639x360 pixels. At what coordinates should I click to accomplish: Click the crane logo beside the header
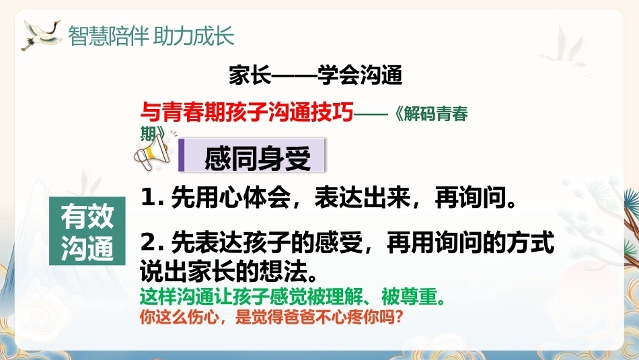[41, 34]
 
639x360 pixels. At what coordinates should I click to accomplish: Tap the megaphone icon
[153, 151]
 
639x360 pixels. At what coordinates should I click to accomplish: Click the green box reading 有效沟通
[87, 231]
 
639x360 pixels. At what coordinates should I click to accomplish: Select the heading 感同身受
[257, 158]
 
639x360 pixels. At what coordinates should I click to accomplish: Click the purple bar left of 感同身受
[182, 155]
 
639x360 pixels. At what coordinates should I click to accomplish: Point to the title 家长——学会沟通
[315, 75]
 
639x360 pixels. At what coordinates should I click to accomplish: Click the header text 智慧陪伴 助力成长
[151, 36]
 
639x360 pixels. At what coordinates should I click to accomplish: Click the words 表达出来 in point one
[363, 197]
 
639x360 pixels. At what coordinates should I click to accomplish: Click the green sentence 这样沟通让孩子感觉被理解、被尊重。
[292, 296]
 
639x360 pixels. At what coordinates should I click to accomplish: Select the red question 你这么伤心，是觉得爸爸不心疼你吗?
[272, 317]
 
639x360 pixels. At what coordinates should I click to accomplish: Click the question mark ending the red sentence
[399, 317]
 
